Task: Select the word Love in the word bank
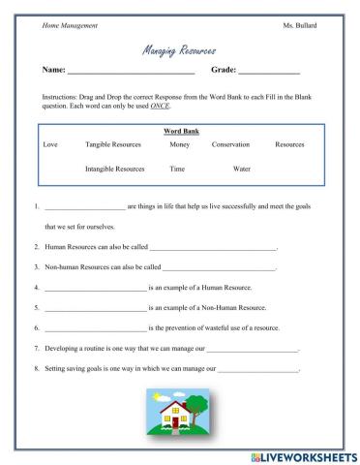point(50,144)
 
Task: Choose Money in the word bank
point(179,144)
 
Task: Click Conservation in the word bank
point(230,144)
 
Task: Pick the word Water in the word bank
point(242,168)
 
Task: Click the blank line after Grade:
point(269,72)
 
